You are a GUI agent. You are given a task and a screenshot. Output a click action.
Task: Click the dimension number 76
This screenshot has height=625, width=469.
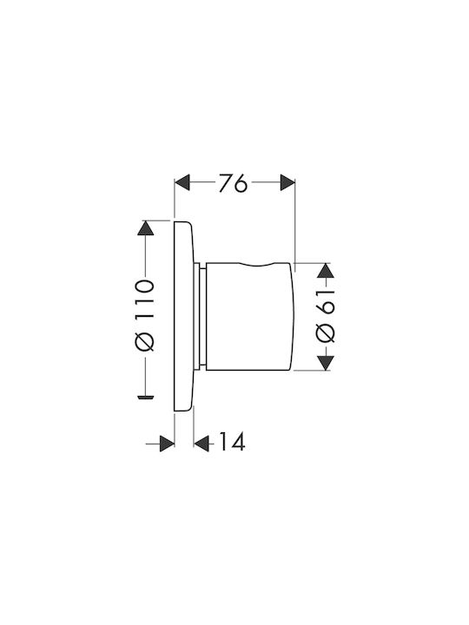(234, 184)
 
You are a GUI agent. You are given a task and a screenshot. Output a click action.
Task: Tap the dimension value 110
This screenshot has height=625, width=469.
(144, 299)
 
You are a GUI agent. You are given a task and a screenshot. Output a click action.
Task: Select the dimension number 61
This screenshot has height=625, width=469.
(326, 302)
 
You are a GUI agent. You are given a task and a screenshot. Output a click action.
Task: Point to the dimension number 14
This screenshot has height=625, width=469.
(232, 442)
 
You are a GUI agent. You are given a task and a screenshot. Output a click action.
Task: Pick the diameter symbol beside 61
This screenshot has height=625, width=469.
(326, 332)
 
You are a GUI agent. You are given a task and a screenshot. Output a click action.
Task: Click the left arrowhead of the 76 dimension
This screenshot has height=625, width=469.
(182, 182)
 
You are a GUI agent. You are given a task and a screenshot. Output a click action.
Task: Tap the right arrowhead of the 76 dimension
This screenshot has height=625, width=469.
(287, 182)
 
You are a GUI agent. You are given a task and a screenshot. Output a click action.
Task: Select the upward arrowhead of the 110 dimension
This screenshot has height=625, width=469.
(145, 228)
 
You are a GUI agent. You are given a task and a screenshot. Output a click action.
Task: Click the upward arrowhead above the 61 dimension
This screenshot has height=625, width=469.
(326, 271)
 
